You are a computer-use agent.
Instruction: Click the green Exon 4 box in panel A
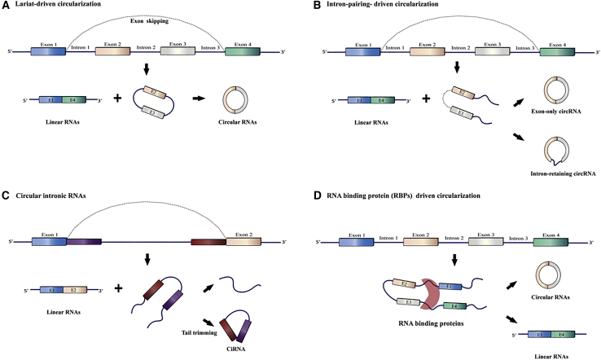pos(242,50)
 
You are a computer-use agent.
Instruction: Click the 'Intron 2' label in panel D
pos(454,238)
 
